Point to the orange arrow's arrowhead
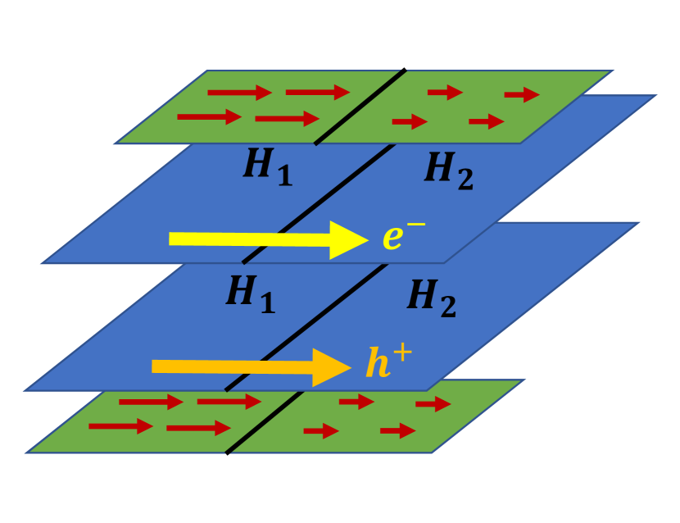click(x=333, y=366)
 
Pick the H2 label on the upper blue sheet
click(x=448, y=171)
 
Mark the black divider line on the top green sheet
click(x=360, y=107)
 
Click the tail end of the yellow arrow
click(x=172, y=239)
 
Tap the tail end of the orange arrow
click(x=156, y=366)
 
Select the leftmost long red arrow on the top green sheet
click(x=209, y=117)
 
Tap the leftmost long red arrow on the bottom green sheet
click(x=120, y=426)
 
